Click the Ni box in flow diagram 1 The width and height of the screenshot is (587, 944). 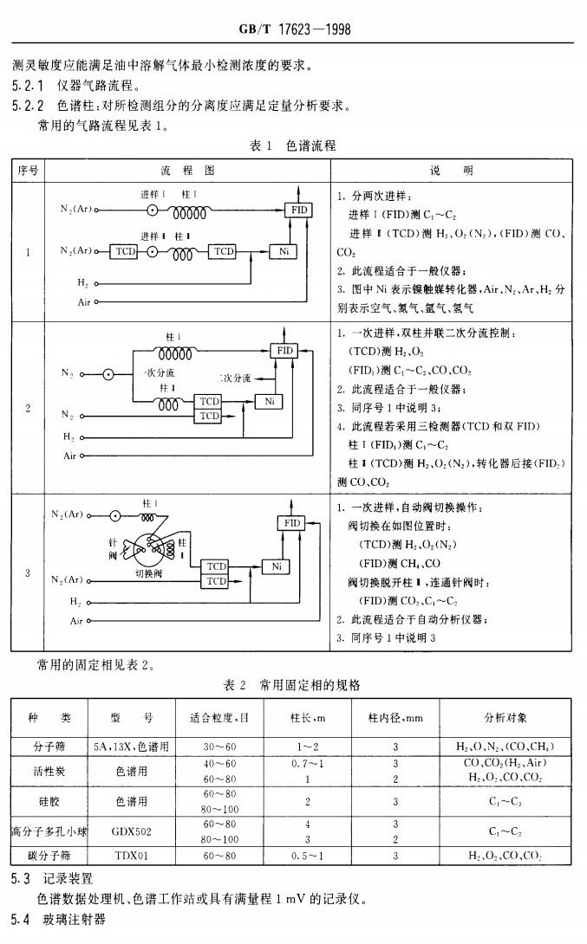(283, 251)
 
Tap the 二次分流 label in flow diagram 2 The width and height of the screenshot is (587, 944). (234, 378)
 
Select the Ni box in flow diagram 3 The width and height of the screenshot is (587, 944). (277, 566)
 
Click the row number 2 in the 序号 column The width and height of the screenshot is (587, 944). (28, 406)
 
